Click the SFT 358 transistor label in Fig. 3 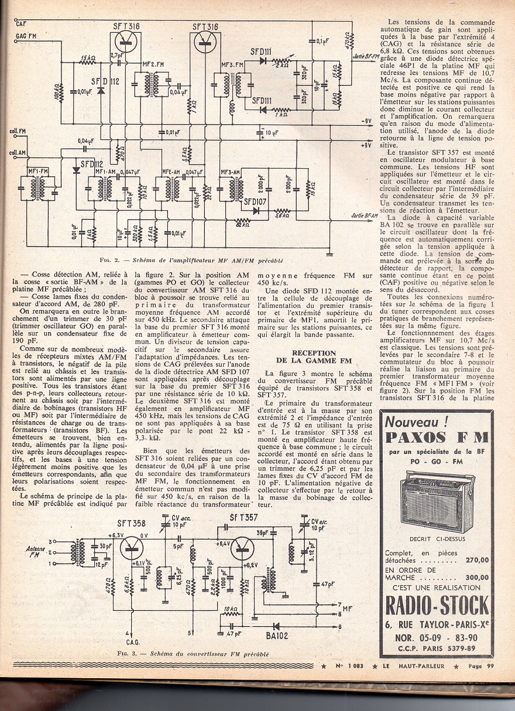point(133,524)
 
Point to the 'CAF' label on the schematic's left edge point(22,23)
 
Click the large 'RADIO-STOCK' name point(437,604)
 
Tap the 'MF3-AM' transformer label point(231,172)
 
